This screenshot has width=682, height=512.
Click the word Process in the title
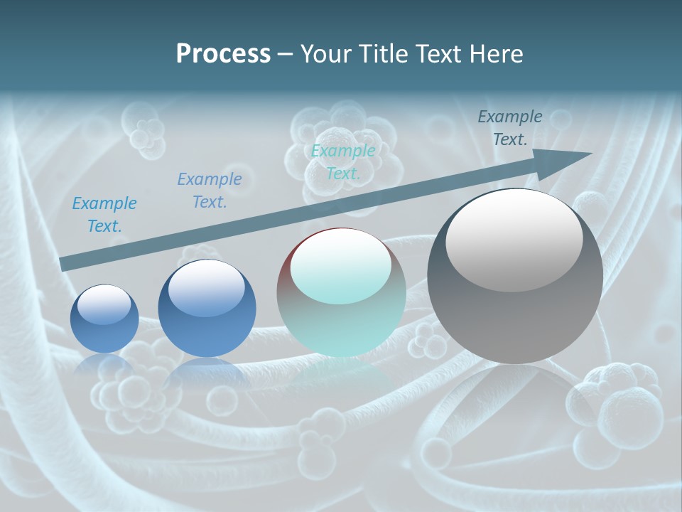tap(223, 54)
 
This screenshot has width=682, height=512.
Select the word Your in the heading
tap(324, 54)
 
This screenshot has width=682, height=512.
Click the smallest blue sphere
tap(104, 319)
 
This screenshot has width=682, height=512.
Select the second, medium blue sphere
tap(207, 308)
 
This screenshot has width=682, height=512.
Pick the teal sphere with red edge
tap(341, 293)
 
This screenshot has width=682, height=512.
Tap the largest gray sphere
tap(515, 276)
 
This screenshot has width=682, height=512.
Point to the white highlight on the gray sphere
tap(514, 240)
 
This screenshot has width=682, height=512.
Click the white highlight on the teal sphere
tap(341, 265)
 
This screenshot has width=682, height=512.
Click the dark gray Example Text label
tap(510, 128)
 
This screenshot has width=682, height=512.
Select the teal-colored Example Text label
tap(343, 161)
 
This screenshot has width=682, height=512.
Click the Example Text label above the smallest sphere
tap(104, 214)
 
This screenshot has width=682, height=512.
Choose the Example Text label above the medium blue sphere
tap(210, 190)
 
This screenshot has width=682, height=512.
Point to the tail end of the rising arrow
tap(64, 264)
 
